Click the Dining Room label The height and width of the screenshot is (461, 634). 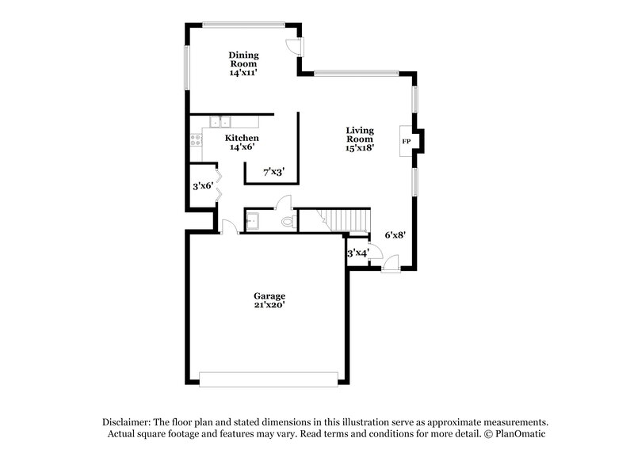click(x=244, y=63)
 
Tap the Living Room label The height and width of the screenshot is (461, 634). click(x=359, y=138)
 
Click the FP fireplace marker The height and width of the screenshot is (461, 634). click(x=407, y=142)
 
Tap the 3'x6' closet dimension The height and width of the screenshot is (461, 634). click(x=203, y=187)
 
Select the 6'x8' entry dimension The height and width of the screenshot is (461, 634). click(x=395, y=234)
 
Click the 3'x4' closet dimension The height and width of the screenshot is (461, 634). click(x=358, y=253)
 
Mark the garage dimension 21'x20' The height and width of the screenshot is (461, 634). click(x=269, y=305)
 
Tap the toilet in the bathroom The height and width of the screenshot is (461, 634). click(x=289, y=220)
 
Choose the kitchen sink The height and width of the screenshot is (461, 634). click(x=220, y=121)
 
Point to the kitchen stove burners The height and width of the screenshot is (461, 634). click(x=194, y=140)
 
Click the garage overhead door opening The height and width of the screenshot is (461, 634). click(x=269, y=379)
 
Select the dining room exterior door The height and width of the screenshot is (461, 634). click(x=294, y=44)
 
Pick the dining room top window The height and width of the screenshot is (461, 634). click(x=243, y=24)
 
